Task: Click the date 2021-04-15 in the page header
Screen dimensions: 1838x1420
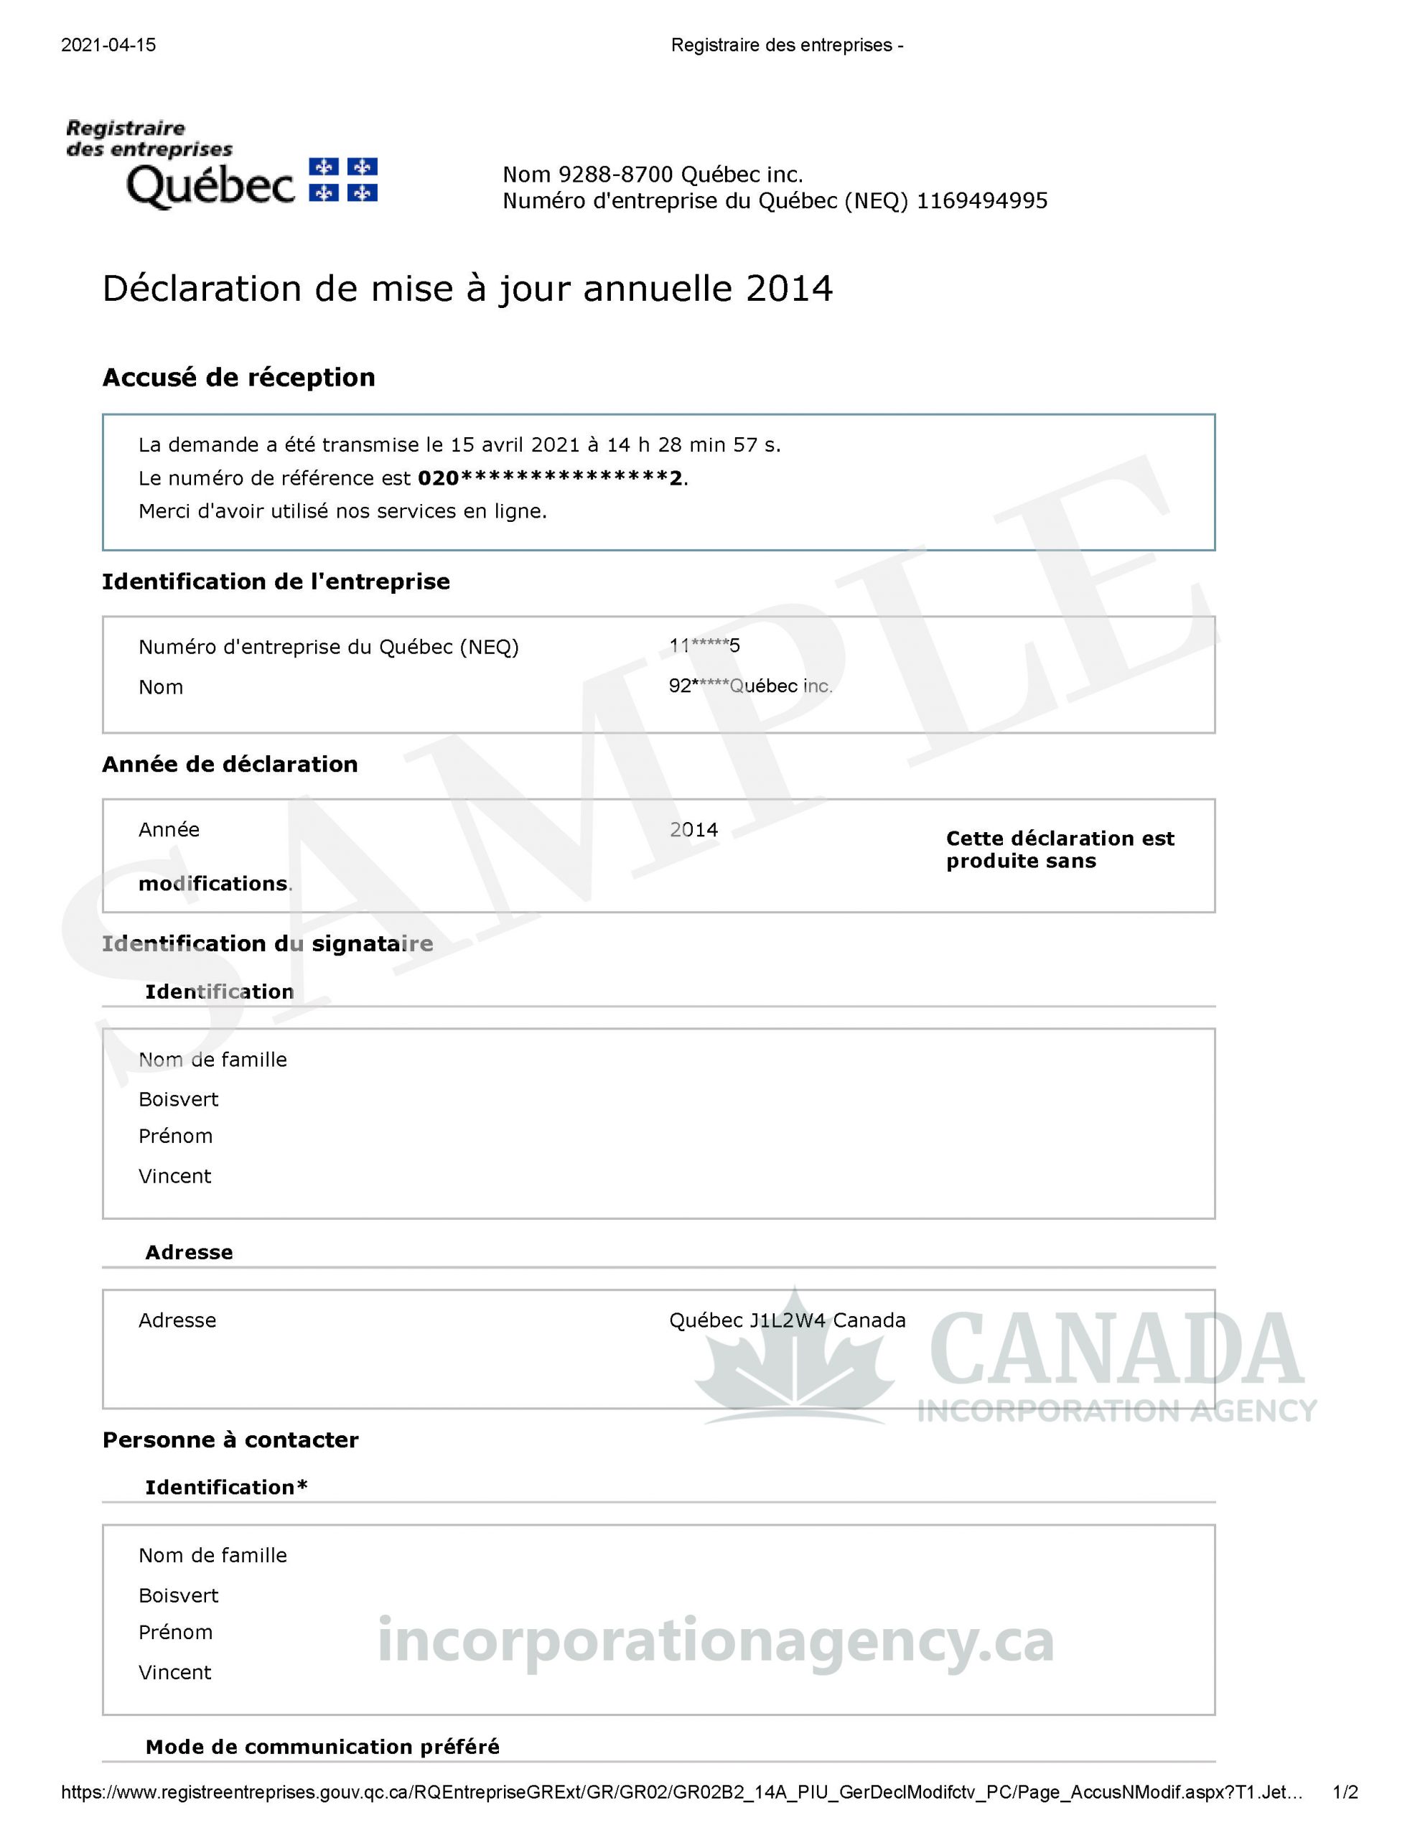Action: [x=108, y=45]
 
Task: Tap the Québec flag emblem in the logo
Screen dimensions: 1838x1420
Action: [x=343, y=180]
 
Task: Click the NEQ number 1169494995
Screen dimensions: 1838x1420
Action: [x=981, y=201]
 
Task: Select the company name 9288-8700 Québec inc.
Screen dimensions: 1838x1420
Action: [x=681, y=175]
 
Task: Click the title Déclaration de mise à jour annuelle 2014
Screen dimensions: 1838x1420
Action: [x=467, y=289]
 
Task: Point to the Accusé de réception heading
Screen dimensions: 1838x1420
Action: [x=238, y=378]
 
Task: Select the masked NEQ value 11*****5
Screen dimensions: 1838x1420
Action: [x=704, y=646]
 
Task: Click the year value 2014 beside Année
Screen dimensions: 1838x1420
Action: [x=693, y=830]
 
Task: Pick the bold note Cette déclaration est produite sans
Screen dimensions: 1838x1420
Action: [x=1059, y=849]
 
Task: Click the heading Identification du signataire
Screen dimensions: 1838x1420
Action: [x=267, y=943]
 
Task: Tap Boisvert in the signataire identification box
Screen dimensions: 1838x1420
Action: [x=179, y=1099]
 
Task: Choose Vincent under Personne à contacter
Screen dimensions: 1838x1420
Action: [x=174, y=1672]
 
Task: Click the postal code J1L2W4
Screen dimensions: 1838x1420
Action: [x=787, y=1320]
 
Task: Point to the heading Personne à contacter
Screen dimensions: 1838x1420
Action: [x=230, y=1440]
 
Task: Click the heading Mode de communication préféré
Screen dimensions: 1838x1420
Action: [x=322, y=1747]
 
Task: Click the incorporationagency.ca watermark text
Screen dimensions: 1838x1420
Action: [x=716, y=1642]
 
